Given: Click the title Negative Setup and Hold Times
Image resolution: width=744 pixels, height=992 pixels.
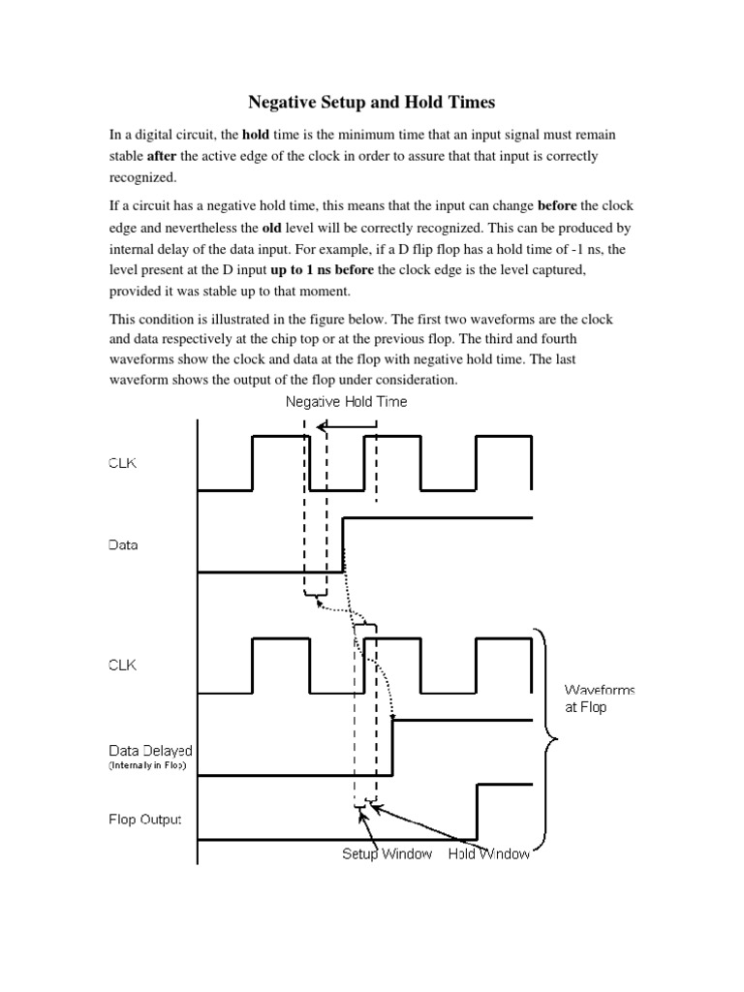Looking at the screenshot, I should coord(372,101).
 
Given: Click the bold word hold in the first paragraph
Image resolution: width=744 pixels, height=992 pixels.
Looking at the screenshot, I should coord(256,135).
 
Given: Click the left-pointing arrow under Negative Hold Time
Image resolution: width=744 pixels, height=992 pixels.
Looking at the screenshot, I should coord(349,424).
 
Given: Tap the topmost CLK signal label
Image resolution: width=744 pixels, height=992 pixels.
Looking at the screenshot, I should coord(122,463).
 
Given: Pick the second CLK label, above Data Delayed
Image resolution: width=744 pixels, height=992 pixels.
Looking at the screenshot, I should coord(122,666).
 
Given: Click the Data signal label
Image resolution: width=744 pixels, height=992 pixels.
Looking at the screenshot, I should coord(123,545).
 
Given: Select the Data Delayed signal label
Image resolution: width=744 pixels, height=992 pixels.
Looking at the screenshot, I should coord(149,750).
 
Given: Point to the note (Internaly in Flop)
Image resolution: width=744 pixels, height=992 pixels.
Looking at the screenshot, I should coord(148,765).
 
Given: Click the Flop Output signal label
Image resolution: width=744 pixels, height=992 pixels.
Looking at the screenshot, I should coord(143,821).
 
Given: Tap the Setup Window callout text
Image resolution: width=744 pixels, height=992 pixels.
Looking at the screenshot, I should coord(387,855).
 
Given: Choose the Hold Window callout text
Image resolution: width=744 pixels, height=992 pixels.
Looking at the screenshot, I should coord(488,855).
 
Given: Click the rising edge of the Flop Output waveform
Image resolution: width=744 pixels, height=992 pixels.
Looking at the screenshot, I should coord(477,813).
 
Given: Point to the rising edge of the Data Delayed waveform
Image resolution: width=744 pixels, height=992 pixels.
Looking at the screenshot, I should coord(392,748).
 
